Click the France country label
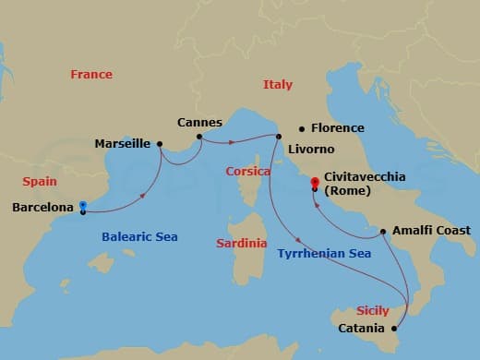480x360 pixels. tap(91, 75)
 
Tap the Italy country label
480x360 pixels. tap(278, 85)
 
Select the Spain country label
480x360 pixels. tap(40, 182)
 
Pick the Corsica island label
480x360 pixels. tap(247, 172)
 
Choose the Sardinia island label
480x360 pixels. tap(241, 244)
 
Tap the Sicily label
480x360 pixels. tap(372, 311)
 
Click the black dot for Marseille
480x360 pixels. tap(161, 143)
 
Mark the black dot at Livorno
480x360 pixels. tap(278, 137)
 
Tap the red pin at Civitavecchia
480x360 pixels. tap(315, 182)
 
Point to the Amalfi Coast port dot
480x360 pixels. tap(382, 231)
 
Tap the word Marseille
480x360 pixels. tap(123, 144)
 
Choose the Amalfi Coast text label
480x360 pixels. tap(431, 231)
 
